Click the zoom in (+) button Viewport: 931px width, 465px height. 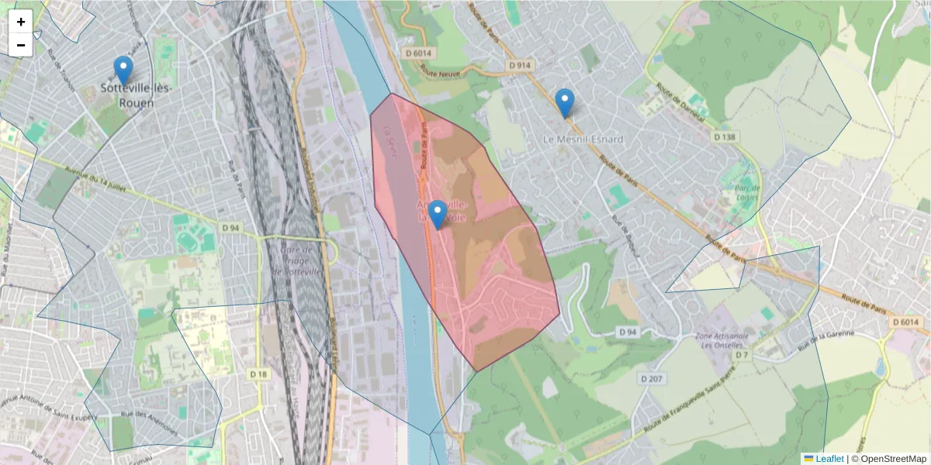click(21, 22)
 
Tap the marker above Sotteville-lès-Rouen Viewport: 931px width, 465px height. click(123, 71)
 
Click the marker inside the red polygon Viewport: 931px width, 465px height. click(438, 215)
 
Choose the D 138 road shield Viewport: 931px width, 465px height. click(725, 136)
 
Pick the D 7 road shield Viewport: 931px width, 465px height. click(743, 355)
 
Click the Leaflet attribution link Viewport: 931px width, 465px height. click(829, 459)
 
